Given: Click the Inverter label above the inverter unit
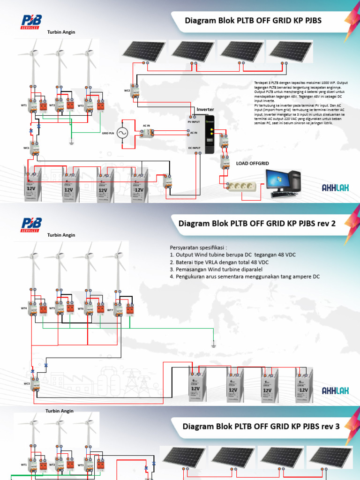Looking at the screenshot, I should [x=205, y=109].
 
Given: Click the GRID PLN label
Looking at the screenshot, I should [x=108, y=134].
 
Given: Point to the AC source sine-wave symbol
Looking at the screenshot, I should [x=124, y=134].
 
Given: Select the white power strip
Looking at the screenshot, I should [x=243, y=186].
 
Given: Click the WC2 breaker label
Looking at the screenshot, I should [x=127, y=90].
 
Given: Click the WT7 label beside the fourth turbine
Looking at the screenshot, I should [x=110, y=310].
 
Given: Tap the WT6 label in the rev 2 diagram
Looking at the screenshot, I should [x=81, y=308].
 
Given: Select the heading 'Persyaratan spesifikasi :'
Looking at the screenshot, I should [x=199, y=247].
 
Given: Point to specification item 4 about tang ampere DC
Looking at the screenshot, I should [x=244, y=277].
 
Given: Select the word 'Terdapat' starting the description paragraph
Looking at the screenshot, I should [x=260, y=82].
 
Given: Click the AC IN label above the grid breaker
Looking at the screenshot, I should [x=146, y=126].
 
